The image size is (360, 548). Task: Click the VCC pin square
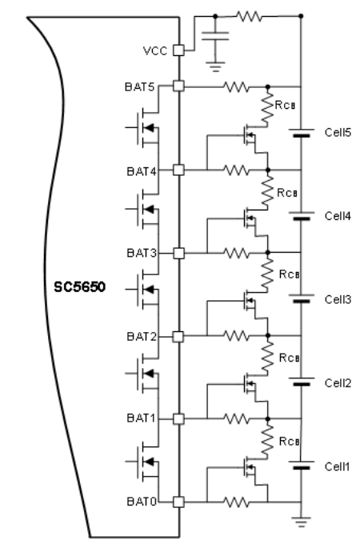178,50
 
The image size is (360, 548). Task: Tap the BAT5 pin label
139,86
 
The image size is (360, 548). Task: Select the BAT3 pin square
178,253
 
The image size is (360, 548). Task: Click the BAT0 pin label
142,502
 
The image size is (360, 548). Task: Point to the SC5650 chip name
79,287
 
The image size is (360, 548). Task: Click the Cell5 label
338,133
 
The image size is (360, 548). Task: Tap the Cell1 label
337,466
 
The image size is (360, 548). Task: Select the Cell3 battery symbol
302,298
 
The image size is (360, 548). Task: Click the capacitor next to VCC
215,36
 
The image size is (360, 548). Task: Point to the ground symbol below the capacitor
215,66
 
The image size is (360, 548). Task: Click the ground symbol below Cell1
301,522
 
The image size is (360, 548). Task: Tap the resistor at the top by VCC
249,16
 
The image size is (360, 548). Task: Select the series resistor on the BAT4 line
237,170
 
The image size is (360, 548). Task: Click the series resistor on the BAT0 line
237,502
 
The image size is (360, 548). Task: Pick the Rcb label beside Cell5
286,105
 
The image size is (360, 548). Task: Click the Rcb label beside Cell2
289,358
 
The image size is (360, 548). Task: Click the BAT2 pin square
178,337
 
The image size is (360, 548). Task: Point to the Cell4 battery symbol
302,215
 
